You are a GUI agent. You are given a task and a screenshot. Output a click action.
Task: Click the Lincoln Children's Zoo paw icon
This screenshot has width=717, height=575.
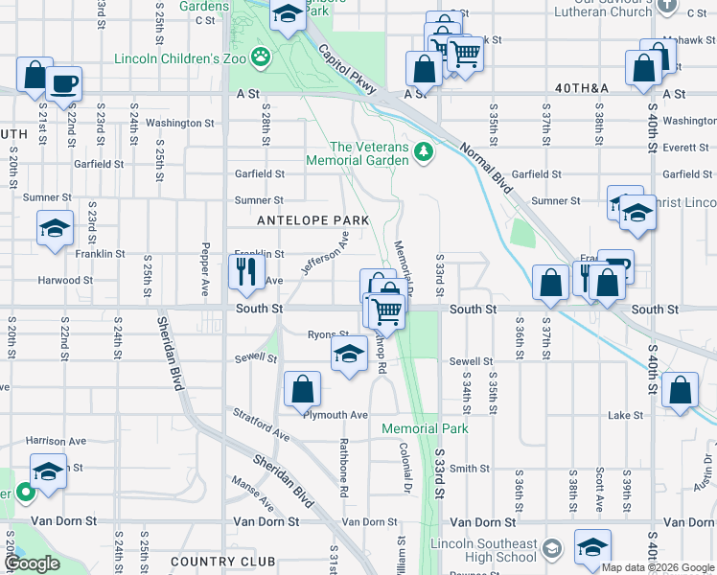[x=261, y=57]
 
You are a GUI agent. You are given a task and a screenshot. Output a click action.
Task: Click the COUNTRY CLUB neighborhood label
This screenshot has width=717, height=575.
[x=222, y=562]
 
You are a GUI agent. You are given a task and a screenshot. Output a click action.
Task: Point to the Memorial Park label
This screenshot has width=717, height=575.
[x=426, y=428]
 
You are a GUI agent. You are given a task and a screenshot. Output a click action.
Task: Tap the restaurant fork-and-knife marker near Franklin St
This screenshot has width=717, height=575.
[x=246, y=271]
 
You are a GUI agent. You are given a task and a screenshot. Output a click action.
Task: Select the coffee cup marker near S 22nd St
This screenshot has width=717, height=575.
[x=63, y=82]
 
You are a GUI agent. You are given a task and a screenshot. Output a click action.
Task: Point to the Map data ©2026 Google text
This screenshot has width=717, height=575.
[x=658, y=567]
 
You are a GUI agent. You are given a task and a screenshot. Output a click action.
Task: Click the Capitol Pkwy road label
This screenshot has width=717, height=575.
[x=345, y=68]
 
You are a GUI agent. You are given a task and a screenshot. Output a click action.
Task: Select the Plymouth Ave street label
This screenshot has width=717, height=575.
[x=335, y=415]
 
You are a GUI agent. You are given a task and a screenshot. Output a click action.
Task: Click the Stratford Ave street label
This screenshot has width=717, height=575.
[x=261, y=423]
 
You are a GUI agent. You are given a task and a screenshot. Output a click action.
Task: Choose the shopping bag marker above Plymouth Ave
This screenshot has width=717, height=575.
[x=302, y=388]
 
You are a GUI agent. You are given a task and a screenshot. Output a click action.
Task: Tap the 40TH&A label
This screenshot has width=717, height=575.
[x=582, y=88]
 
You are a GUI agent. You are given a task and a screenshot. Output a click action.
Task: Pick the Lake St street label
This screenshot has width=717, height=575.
[x=625, y=416]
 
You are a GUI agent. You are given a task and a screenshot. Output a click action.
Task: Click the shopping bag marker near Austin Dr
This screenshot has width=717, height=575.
[x=680, y=390]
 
